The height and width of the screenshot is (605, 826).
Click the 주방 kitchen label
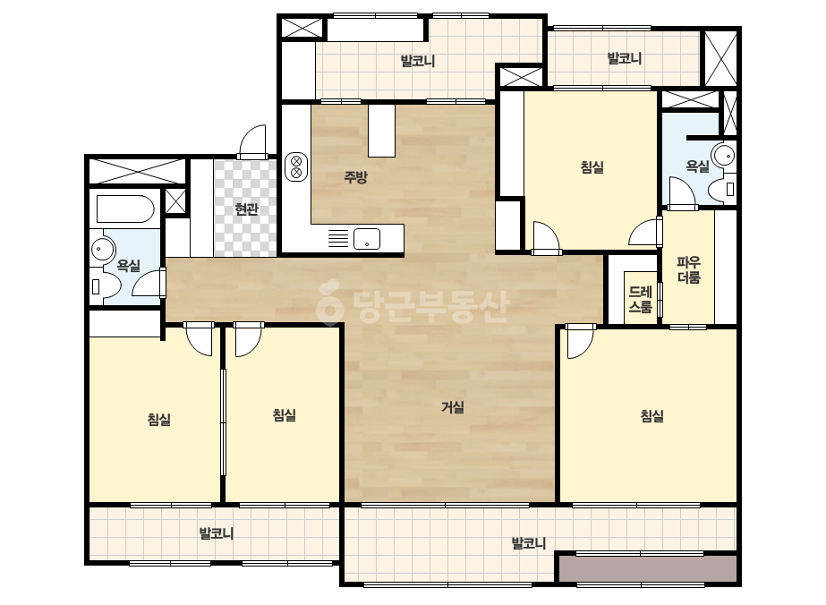pos(355,177)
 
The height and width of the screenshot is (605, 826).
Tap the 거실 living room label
pos(453,407)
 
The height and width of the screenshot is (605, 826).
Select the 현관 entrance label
pos(246,209)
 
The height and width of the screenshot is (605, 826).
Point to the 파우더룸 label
pos(688,269)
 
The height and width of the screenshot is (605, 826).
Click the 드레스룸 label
pos(641,299)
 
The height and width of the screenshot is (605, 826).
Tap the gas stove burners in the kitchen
pos(296,166)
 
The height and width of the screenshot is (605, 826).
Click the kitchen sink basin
pos(367,239)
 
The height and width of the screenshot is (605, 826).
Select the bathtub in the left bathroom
pos(125,209)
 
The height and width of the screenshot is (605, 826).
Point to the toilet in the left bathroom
pos(106,285)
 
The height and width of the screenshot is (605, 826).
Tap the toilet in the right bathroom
pos(721,189)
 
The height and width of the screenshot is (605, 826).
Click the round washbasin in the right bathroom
pos(723,155)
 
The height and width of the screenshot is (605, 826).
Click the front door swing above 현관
pos(253,141)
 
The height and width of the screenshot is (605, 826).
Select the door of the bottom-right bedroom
pos(580,341)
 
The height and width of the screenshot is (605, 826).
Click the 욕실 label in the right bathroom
pos(697,166)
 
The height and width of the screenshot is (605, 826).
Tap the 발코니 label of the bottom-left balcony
pos(216,534)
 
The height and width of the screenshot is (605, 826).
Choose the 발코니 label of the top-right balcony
pos(625,58)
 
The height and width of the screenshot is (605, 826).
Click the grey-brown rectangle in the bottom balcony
pos(647,568)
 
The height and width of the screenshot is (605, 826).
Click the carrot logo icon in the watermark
pos(329,302)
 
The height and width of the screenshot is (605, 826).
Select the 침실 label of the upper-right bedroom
pos(592,167)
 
